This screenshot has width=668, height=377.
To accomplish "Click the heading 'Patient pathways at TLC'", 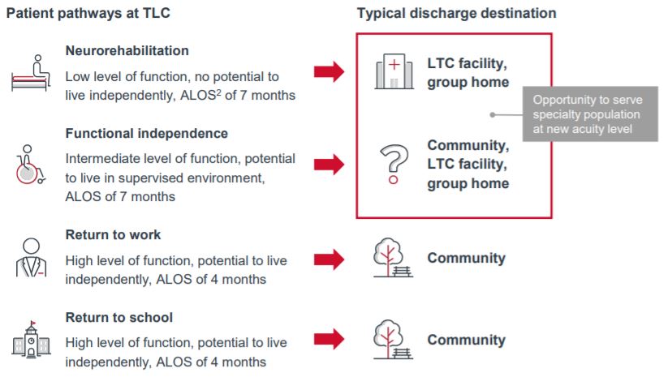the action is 88,13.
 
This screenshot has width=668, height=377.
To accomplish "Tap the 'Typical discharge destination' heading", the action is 456,13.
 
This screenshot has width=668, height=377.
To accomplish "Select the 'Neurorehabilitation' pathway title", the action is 127,50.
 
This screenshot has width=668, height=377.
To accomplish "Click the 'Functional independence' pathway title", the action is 147,133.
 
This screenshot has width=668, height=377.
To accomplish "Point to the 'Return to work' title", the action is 113,234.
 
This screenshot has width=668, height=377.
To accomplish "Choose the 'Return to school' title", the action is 119,318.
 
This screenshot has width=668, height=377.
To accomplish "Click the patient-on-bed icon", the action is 31,73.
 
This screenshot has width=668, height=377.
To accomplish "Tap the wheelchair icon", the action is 30,165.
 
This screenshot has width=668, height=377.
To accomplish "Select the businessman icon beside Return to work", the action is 31,258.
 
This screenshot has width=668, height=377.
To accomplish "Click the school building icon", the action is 31,340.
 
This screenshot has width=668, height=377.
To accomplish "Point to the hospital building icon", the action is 394,71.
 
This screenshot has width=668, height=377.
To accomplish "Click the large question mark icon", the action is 394,165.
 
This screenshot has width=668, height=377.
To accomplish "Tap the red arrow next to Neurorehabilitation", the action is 329,71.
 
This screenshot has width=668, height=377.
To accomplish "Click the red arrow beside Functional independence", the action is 329,165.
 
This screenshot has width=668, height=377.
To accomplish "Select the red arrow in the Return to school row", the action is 329,339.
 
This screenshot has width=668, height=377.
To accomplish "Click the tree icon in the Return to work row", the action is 393,258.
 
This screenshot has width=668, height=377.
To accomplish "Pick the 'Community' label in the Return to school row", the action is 466,340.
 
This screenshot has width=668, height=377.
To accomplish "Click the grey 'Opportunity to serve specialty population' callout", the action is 590,114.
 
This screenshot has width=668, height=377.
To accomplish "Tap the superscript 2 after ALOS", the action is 218,92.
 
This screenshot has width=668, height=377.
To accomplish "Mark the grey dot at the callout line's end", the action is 493,114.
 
